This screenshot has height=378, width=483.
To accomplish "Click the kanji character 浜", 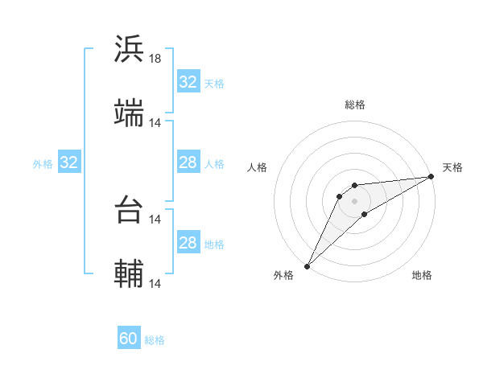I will click(129, 49).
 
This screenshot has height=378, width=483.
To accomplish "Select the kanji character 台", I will click(129, 210).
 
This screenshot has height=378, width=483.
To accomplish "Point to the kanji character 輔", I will click(129, 274).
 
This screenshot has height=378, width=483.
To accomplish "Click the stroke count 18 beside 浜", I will click(155, 59).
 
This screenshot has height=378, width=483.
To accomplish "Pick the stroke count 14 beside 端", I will click(155, 123).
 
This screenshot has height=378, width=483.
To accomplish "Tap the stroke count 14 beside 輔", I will click(155, 284).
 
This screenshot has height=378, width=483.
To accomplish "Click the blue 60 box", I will click(129, 339).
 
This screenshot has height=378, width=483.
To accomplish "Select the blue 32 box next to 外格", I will click(69, 162).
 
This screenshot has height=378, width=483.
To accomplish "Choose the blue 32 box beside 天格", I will click(188, 82).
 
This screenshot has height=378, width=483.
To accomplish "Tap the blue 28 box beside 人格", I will click(188, 162).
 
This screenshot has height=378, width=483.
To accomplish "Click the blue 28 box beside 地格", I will click(188, 243).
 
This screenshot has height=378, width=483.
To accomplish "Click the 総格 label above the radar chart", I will click(355, 105).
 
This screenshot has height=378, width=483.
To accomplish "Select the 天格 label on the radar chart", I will click(452, 167).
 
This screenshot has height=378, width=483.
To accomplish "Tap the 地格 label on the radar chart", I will click(422, 276).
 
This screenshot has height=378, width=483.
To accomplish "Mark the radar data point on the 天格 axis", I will click(431, 176).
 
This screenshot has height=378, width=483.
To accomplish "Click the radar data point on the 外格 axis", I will click(307, 266).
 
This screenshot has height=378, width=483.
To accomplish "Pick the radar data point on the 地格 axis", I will click(365, 214).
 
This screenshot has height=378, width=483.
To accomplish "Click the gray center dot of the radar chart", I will click(355, 200).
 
